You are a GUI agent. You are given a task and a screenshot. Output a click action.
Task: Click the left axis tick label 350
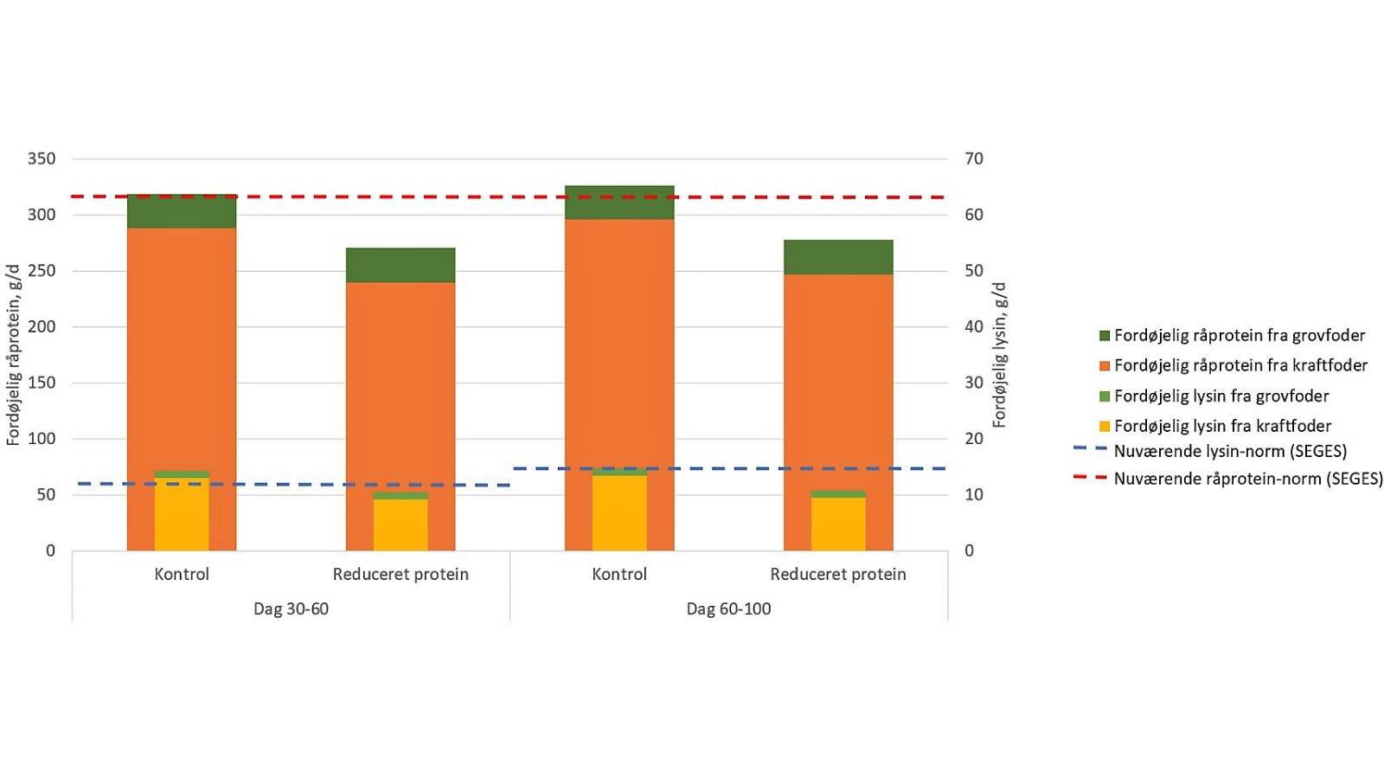point(42,158)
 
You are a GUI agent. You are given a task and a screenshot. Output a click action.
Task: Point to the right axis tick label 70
point(974,158)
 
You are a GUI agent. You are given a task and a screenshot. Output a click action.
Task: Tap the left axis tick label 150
point(42,383)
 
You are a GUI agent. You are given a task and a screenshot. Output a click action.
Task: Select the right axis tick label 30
point(974,383)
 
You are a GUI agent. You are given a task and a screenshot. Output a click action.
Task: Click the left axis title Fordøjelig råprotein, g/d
point(13,355)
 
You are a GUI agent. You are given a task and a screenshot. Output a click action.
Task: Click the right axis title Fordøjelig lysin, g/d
point(1000,355)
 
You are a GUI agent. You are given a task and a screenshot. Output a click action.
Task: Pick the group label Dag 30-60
point(291,608)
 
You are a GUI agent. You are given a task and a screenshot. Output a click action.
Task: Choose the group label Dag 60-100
point(728,608)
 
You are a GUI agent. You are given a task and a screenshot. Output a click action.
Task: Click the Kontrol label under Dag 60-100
point(619,574)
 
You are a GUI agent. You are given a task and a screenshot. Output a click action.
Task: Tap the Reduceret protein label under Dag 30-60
point(400,574)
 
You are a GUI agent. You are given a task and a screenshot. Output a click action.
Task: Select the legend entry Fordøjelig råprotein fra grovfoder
point(1239,336)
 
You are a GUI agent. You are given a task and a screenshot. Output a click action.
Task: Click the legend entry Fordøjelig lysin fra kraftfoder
point(1221,426)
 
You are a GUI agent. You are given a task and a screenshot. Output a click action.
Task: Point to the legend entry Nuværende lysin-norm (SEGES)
point(1229,451)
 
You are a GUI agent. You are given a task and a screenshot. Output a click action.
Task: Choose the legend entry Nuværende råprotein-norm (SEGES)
point(1247,479)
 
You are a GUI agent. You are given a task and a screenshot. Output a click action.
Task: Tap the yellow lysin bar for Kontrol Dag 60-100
point(619,512)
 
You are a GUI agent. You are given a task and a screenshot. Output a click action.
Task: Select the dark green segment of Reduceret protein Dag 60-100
point(838,257)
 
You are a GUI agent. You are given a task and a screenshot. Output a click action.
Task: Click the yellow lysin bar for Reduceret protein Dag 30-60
point(400,525)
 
